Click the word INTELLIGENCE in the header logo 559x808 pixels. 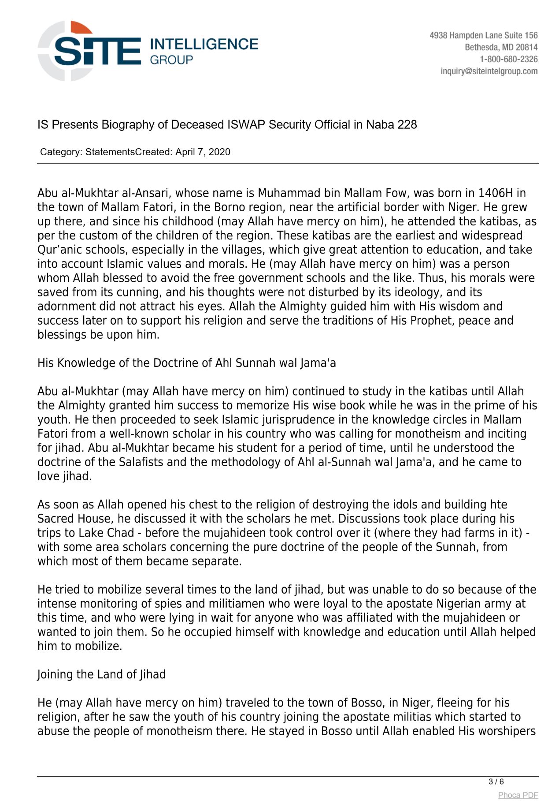[x=204, y=44]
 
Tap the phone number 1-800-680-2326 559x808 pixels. [x=508, y=59]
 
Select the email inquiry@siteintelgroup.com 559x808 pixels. [x=489, y=71]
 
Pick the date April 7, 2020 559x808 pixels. [x=203, y=152]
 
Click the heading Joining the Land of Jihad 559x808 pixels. [x=101, y=674]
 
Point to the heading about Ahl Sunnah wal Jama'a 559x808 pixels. [x=186, y=363]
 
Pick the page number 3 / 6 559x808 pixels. [x=496, y=782]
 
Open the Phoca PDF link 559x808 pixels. [x=518, y=795]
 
